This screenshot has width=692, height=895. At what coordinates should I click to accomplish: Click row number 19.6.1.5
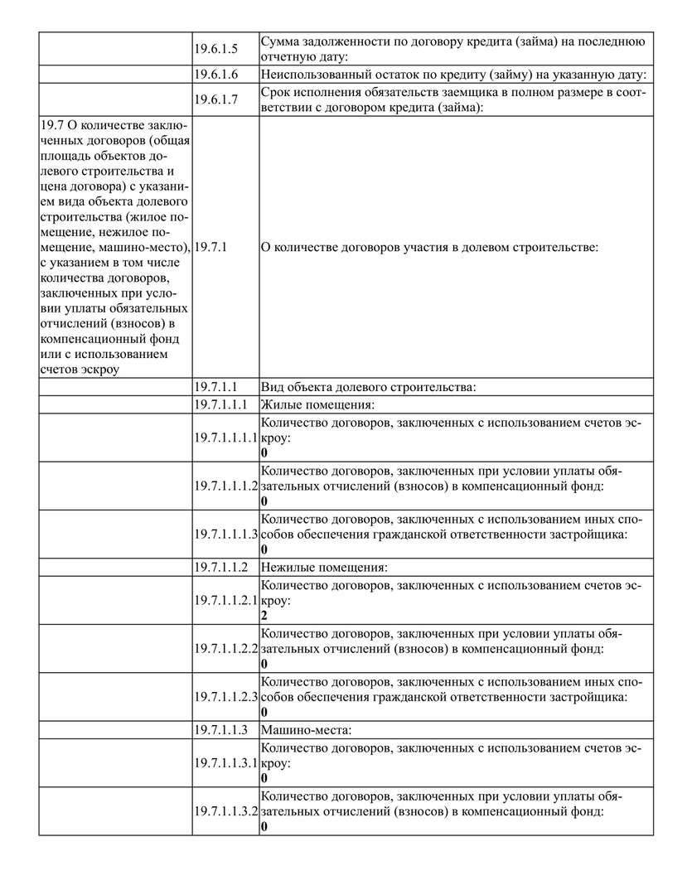[x=215, y=49]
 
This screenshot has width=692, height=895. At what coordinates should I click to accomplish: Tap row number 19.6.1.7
[x=215, y=99]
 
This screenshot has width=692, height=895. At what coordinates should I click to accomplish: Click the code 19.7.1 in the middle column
[x=211, y=247]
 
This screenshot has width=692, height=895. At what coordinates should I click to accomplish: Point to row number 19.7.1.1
[x=216, y=387]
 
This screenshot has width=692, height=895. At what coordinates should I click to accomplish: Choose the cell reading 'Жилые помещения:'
[x=317, y=404]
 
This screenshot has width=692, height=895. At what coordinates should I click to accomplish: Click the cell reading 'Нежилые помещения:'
[x=324, y=568]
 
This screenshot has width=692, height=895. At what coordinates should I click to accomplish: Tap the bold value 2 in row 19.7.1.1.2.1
[x=264, y=617]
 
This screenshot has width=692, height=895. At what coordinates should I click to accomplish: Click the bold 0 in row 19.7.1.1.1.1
[x=264, y=453]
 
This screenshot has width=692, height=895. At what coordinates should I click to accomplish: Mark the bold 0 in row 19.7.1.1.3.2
[x=264, y=827]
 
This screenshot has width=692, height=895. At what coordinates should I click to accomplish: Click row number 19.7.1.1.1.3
[x=226, y=534]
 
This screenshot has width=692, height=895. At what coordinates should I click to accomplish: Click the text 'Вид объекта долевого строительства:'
[x=368, y=387]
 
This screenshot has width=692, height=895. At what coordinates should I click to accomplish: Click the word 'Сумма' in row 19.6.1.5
[x=280, y=41]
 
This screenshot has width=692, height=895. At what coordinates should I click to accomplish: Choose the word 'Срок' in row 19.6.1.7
[x=275, y=92]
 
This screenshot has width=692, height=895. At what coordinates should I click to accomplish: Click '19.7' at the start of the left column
[x=50, y=124]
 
